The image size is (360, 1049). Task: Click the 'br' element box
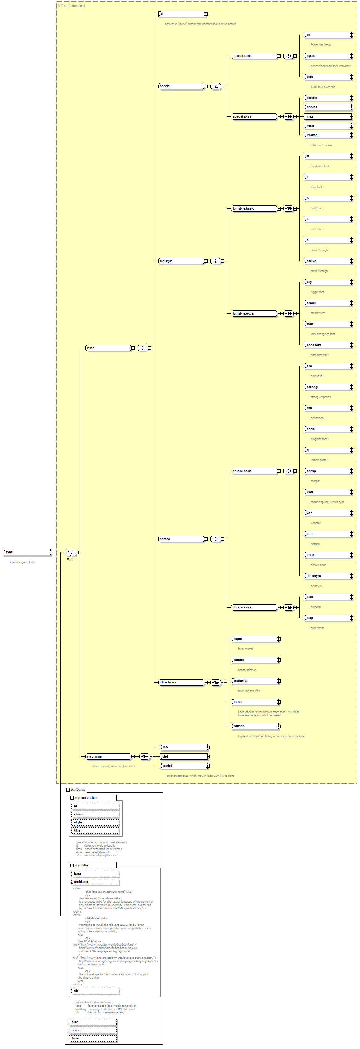[328, 35]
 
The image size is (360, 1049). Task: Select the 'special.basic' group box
[254, 56]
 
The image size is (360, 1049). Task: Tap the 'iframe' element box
[328, 135]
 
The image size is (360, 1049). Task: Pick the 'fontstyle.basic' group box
[254, 208]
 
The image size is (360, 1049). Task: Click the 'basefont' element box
[328, 345]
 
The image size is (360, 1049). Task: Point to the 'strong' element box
[328, 387]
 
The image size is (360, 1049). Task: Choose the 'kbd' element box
[328, 492]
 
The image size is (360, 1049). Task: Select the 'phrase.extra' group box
[254, 607]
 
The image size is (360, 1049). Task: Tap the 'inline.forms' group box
[181, 682]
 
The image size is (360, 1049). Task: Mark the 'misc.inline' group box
[108, 756]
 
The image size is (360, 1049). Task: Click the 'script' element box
[184, 766]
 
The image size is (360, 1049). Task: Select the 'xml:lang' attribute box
[95, 882]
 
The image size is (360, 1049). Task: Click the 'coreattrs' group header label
[88, 798]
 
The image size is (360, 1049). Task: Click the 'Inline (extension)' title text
[72, 6]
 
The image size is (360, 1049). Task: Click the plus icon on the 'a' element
[206, 14]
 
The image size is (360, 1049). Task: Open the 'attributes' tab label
[77, 790]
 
